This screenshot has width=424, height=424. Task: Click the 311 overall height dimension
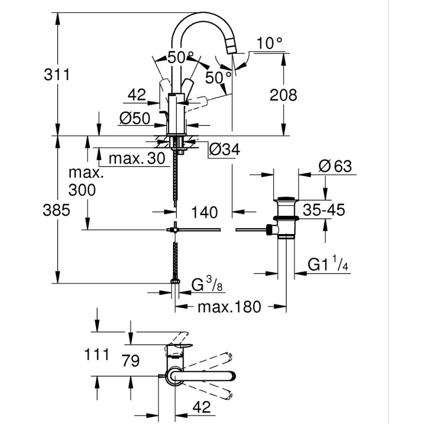coord(57,75)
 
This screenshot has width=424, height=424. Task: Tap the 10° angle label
coord(270,43)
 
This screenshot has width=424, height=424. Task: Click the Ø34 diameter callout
coord(224,150)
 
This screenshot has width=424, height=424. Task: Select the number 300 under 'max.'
coord(82,190)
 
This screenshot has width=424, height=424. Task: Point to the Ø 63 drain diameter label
coord(335,166)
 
